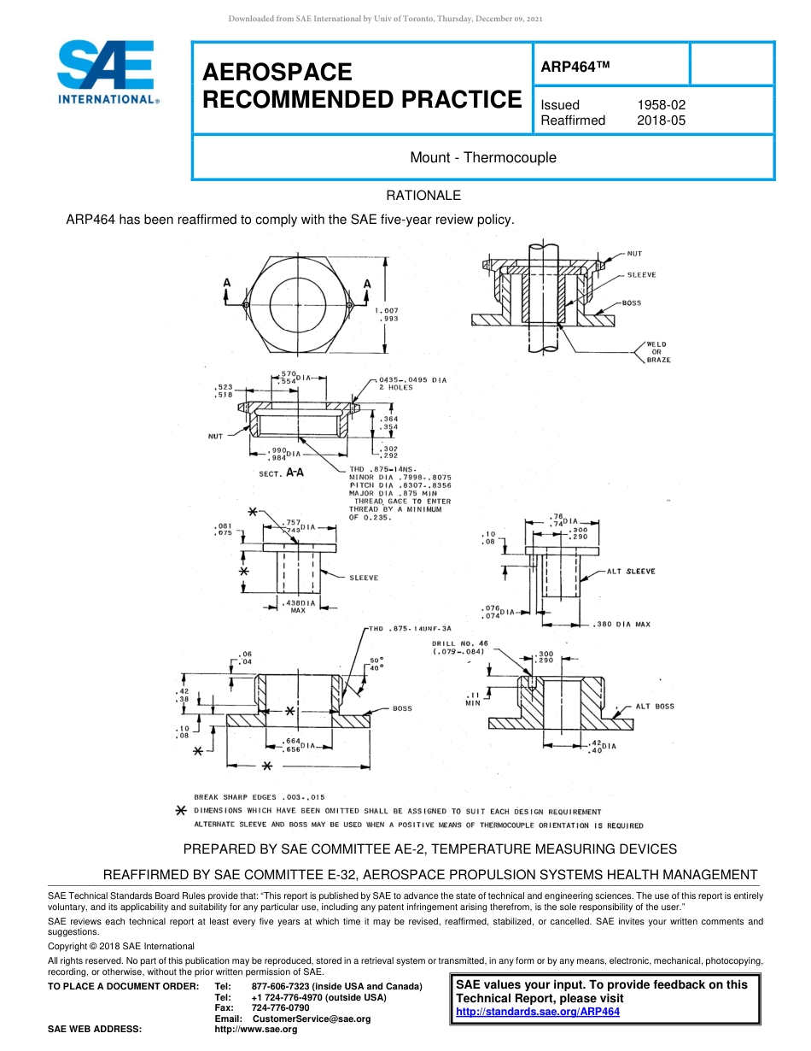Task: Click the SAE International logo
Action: coord(107,73)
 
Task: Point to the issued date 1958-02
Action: coord(661,105)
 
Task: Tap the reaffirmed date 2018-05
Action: coord(661,120)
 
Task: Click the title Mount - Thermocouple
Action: coord(482,157)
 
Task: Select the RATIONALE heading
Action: coord(423,196)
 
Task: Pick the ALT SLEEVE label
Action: coord(631,572)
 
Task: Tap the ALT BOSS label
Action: coord(654,707)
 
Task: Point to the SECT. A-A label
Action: coord(282,473)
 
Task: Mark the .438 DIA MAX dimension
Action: coord(298,607)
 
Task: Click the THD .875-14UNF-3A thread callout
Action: coord(409,629)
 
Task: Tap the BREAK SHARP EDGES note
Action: coord(259,797)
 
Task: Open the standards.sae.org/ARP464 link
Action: coord(538,1012)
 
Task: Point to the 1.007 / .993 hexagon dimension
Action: coord(387,314)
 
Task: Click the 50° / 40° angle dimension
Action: coord(376,664)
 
